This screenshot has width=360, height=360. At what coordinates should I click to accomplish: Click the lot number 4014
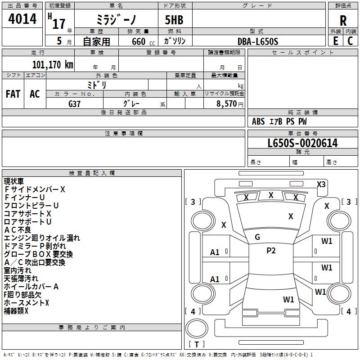coord(22,18)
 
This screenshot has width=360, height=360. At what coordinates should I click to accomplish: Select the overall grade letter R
coord(343,21)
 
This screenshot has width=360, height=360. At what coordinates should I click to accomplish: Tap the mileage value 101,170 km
coord(53,65)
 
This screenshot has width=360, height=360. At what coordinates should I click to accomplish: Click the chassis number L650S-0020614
coord(302,143)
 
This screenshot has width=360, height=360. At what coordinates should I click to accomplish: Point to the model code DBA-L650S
coord(258,41)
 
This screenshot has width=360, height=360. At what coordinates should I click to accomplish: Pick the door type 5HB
coord(174,20)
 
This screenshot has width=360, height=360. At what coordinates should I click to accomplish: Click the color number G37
coord(74,104)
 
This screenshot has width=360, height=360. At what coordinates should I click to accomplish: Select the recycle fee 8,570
coord(226,103)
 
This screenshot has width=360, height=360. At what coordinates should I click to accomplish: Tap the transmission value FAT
coord(13,94)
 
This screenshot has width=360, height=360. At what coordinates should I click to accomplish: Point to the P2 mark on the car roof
coord(271,251)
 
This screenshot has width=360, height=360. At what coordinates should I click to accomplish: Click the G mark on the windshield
coord(257,237)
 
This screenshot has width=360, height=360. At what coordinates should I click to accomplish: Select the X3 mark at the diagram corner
coord(321,184)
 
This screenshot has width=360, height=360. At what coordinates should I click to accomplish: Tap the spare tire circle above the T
coord(197,328)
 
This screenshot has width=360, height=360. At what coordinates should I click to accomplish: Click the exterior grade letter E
coord(335,41)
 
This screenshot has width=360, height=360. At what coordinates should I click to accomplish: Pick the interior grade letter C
coord(350,41)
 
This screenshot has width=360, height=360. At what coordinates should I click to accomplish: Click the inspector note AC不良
coord(18,230)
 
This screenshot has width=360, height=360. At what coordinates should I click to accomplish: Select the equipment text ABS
coord(258,121)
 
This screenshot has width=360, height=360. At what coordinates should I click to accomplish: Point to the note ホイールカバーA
coord(31,287)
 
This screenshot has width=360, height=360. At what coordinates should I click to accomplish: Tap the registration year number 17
coord(59,24)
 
